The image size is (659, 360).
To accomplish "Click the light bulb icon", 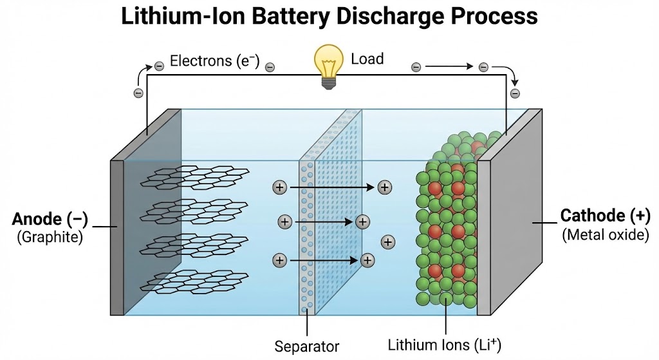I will pos(328,64).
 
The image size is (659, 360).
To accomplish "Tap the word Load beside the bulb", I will pos(367,59).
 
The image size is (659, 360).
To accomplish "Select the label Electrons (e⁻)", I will pos(214,62).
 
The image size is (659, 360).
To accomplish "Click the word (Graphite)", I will pos(50,237).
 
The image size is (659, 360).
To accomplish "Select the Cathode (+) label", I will pos(606,216).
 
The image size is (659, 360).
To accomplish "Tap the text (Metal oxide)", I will pos(606,234).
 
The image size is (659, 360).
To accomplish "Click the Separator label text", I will pos(306,346).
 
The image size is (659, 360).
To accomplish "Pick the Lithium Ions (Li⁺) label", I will pos(443,344).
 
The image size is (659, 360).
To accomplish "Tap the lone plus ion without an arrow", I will pos(388,242).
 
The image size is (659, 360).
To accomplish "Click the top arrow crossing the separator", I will pos(331,187).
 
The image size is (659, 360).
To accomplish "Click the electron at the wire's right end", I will pos(515,94).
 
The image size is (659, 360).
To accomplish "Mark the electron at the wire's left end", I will pos(138,93).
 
